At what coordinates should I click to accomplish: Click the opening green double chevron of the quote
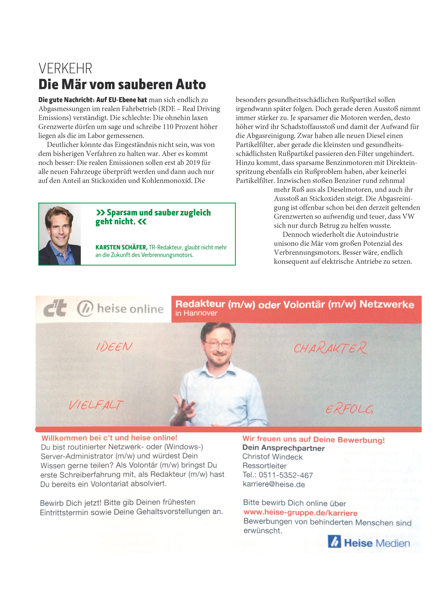(100, 213)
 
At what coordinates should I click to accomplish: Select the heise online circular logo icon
(85, 308)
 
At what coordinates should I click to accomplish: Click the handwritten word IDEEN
(114, 346)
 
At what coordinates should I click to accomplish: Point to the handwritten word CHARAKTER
(330, 348)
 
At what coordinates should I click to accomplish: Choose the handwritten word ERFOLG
(349, 409)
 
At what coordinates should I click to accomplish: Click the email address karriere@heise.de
(274, 484)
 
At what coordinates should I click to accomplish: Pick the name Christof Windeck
(272, 457)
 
